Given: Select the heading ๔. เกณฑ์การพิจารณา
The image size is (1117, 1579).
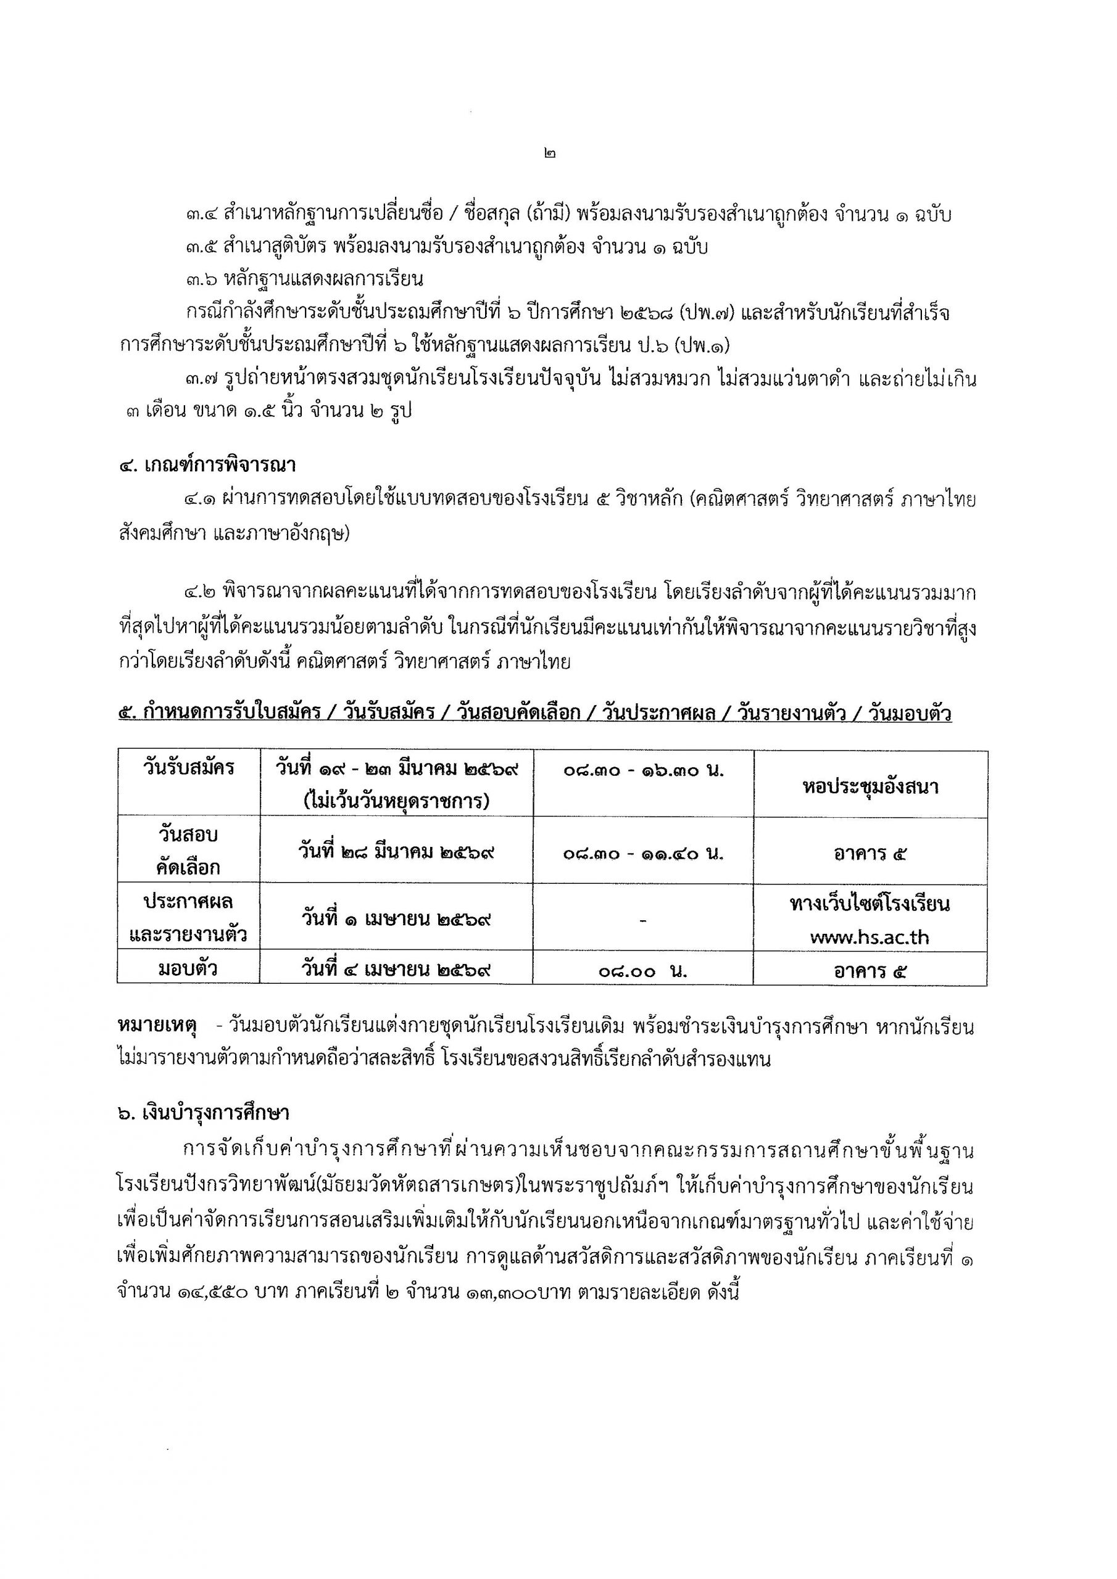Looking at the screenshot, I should click(207, 466).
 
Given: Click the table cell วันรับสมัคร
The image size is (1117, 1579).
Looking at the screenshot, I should click(189, 768).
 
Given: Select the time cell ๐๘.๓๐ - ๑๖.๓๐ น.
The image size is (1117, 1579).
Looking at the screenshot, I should click(643, 771).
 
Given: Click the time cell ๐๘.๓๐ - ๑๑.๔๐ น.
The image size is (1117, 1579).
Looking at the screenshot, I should click(643, 853).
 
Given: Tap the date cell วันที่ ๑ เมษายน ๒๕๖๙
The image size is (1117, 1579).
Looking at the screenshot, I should click(396, 919).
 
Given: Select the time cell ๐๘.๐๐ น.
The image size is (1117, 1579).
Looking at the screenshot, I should click(643, 971).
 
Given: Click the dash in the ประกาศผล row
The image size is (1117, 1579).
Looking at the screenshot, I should click(643, 920).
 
